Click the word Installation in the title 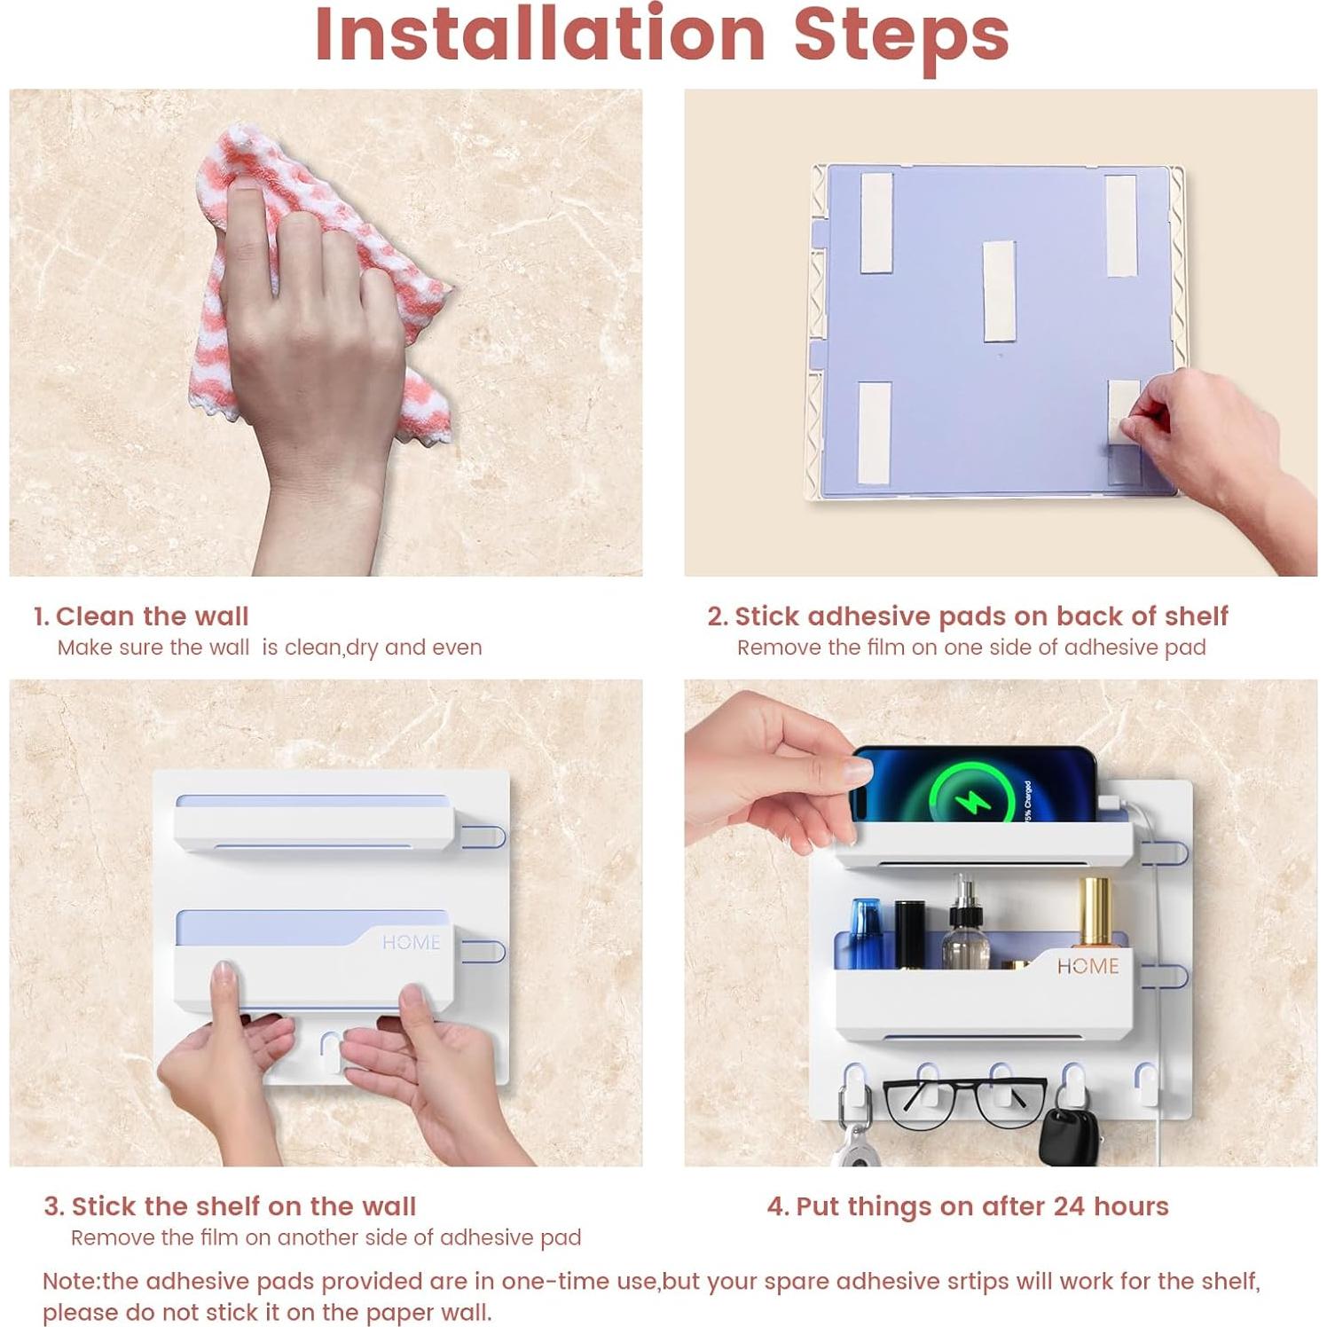pos(540,35)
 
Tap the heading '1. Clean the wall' pos(141,616)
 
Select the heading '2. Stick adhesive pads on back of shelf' pos(968,616)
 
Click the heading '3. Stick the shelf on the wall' pos(230,1206)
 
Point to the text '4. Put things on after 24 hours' pos(968,1206)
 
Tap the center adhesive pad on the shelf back pos(999,290)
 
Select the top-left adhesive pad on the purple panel pos(876,223)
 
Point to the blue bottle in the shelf pos(864,933)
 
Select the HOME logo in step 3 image pos(411,942)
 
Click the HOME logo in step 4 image pos(1088,966)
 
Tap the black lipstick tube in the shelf pos(909,934)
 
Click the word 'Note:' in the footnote pos(72,1282)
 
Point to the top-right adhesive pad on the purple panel pos(1120,225)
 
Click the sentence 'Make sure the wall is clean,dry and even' pos(270,648)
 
